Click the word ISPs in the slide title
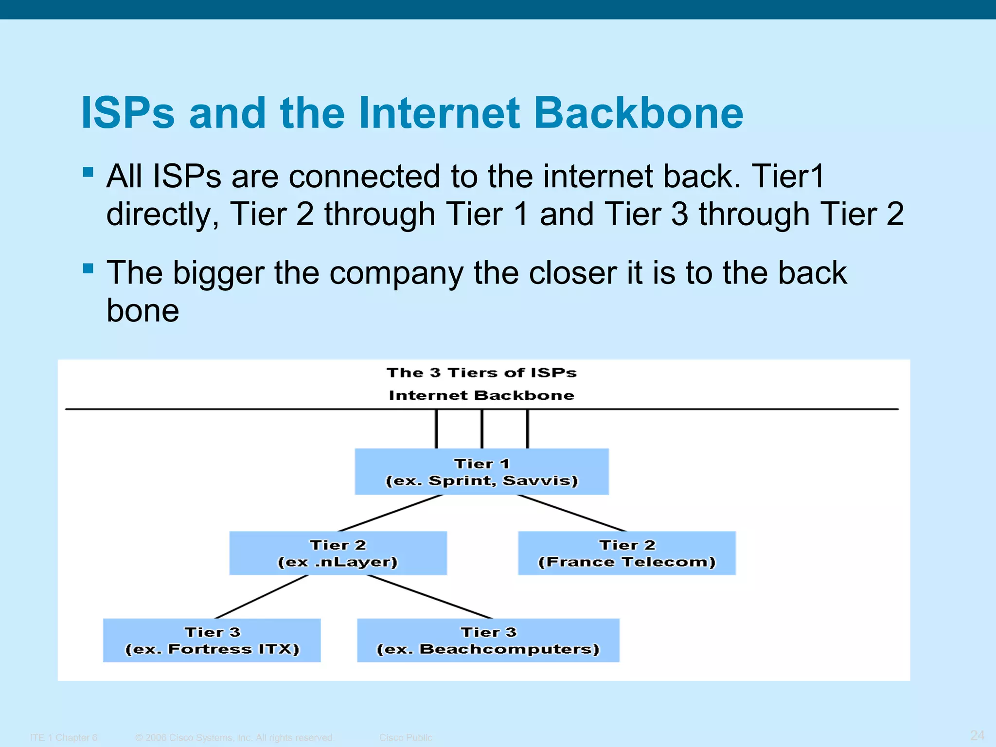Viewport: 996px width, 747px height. (127, 113)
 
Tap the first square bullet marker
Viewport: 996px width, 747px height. (88, 172)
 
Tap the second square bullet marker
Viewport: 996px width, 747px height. (88, 268)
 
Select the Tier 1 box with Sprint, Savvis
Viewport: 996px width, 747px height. (481, 472)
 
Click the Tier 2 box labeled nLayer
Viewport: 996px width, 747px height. (338, 553)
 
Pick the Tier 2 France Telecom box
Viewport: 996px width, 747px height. (626, 553)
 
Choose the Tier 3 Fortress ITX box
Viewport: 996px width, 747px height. (212, 640)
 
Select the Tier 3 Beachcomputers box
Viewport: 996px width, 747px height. (488, 640)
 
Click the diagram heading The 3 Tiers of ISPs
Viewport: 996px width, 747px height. (481, 373)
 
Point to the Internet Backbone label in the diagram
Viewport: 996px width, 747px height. (481, 395)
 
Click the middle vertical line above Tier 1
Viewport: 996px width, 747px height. (482, 429)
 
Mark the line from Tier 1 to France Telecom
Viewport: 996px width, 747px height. (571, 513)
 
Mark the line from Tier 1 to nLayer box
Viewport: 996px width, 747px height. (391, 513)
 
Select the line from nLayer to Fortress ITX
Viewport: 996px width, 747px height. (262, 597)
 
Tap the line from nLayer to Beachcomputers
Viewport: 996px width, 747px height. (430, 597)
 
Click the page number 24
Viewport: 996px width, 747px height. (977, 735)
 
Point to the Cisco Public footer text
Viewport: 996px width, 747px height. (405, 738)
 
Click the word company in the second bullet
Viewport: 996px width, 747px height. (396, 273)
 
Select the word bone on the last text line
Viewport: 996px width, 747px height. (142, 311)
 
